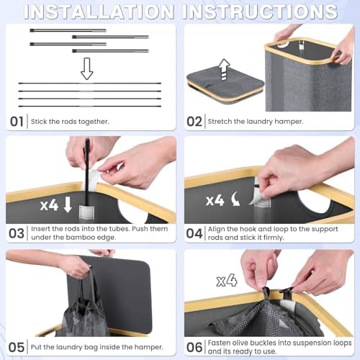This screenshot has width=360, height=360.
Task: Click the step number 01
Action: pyautogui.click(x=17, y=122)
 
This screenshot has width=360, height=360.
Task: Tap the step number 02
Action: pyautogui.click(x=194, y=122)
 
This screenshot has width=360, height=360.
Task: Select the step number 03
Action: pyautogui.click(x=17, y=233)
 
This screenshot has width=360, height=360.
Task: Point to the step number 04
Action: pyautogui.click(x=194, y=233)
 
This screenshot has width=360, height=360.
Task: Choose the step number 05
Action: pyautogui.click(x=17, y=347)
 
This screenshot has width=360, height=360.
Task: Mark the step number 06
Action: pyautogui.click(x=194, y=347)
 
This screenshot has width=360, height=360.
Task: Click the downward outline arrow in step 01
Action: pyautogui.click(x=86, y=68)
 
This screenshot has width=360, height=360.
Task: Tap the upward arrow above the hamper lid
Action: pyautogui.click(x=224, y=70)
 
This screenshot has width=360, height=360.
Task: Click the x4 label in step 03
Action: pyautogui.click(x=49, y=205)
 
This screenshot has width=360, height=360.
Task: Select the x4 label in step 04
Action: pyautogui.click(x=215, y=200)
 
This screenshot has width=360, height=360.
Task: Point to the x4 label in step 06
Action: pyautogui.click(x=227, y=280)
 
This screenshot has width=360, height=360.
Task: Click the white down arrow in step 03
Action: pyautogui.click(x=68, y=204)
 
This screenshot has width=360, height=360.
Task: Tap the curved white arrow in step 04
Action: pyautogui.click(x=235, y=199)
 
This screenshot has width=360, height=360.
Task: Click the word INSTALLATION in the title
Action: pyautogui.click(x=99, y=12)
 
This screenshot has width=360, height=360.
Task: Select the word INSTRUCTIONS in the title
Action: pyautogui.click(x=260, y=12)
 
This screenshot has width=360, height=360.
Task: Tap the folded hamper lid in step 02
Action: pyautogui.click(x=225, y=86)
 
